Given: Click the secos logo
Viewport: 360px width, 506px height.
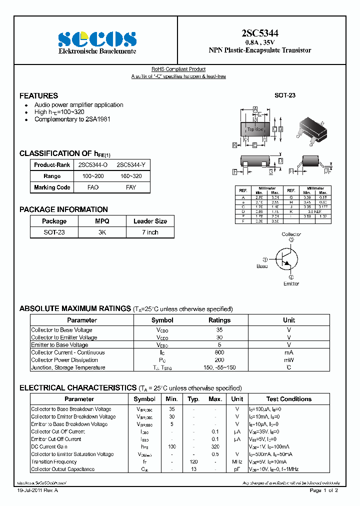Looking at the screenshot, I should point(97,39).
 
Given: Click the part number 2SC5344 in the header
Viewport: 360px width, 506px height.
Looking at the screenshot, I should point(259,33).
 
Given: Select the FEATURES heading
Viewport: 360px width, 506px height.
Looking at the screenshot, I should point(38,95).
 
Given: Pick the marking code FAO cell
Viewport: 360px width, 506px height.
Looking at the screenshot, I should point(93,187).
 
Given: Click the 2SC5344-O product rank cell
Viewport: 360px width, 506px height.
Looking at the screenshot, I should point(93,164).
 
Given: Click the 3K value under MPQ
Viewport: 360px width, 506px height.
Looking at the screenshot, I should point(102,232).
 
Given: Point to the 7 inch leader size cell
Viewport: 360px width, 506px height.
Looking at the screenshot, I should point(150,232).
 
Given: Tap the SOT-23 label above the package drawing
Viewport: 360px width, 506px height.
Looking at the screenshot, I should point(285,95).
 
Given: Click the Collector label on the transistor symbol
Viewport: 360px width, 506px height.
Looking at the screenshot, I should point(291,234).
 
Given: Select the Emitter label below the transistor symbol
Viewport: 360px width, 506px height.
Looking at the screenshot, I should point(291,283).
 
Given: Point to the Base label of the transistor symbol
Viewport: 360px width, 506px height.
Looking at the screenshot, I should point(262,266).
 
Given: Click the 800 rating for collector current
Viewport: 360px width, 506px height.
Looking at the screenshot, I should point(219,352).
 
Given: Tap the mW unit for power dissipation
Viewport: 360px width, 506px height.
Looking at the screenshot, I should point(289,360).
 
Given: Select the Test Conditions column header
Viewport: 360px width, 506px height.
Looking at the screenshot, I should point(288,399).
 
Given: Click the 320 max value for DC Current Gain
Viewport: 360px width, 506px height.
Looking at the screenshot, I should point(215,446).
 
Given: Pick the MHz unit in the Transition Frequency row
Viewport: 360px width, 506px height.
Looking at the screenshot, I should point(237,461).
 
